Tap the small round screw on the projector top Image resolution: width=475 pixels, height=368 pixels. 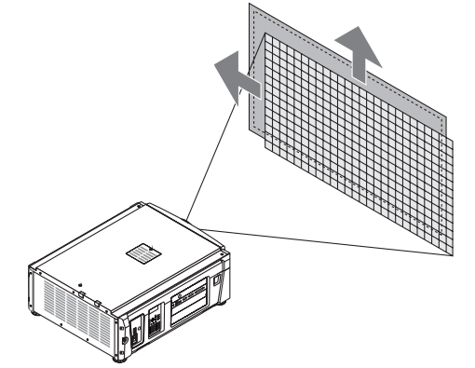(x=82, y=279)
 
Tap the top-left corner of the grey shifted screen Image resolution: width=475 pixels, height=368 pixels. (x=250, y=6)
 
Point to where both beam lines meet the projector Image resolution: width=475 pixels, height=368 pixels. (x=189, y=221)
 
